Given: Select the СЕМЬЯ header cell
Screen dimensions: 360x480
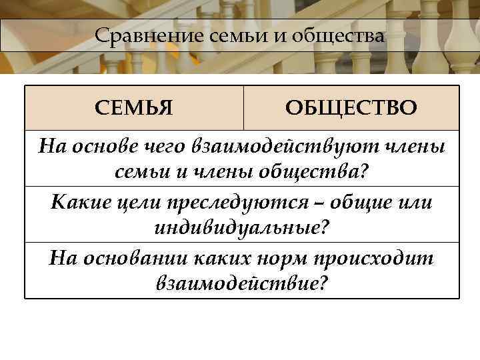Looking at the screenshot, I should coord(134,107).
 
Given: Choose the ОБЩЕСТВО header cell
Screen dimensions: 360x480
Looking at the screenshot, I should coord(351,107).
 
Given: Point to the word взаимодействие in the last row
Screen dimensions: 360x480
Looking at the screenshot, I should coord(236,285).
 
